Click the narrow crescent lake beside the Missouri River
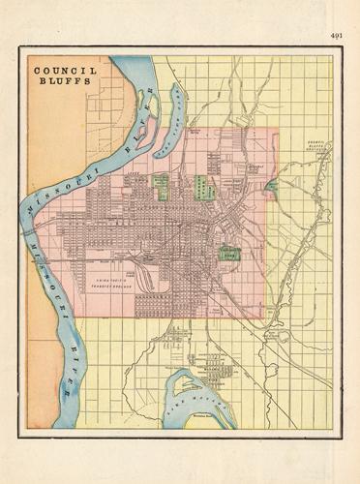click(177, 107)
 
